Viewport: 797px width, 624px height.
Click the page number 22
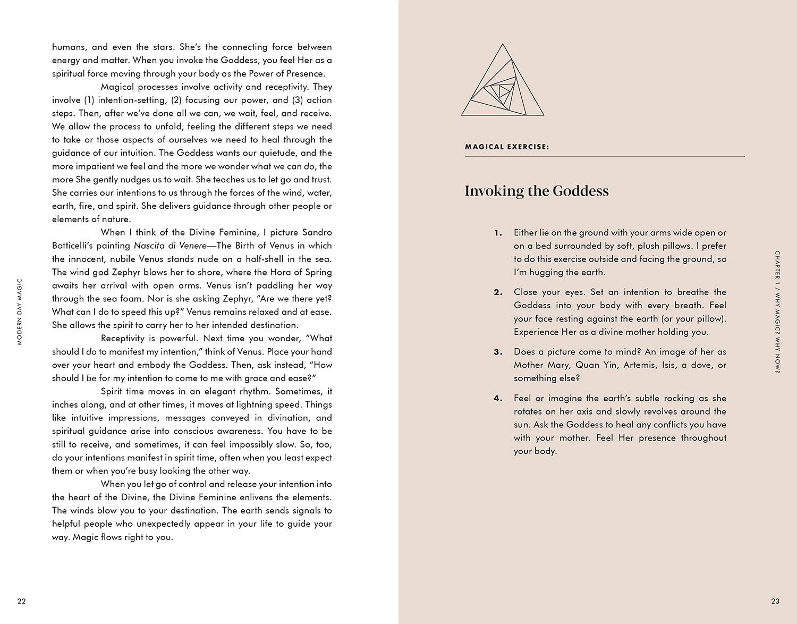21,601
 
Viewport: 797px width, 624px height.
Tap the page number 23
775,601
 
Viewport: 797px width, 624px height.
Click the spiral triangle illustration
503,81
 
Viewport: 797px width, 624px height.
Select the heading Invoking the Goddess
537,191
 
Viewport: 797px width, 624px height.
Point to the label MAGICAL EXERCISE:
507,147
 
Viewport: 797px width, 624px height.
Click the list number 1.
498,233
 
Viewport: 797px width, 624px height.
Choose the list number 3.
498,352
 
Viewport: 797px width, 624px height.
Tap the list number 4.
498,399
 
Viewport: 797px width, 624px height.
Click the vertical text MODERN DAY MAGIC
20,312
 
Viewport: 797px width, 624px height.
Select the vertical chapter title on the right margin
777,312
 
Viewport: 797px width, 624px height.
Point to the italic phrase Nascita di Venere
170,246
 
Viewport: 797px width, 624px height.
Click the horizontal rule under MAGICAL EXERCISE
605,156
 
